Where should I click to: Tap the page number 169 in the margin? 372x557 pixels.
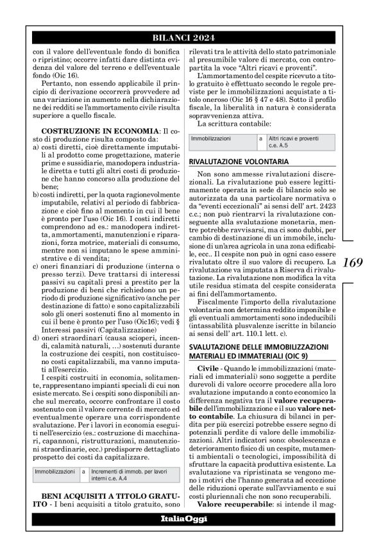353,262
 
